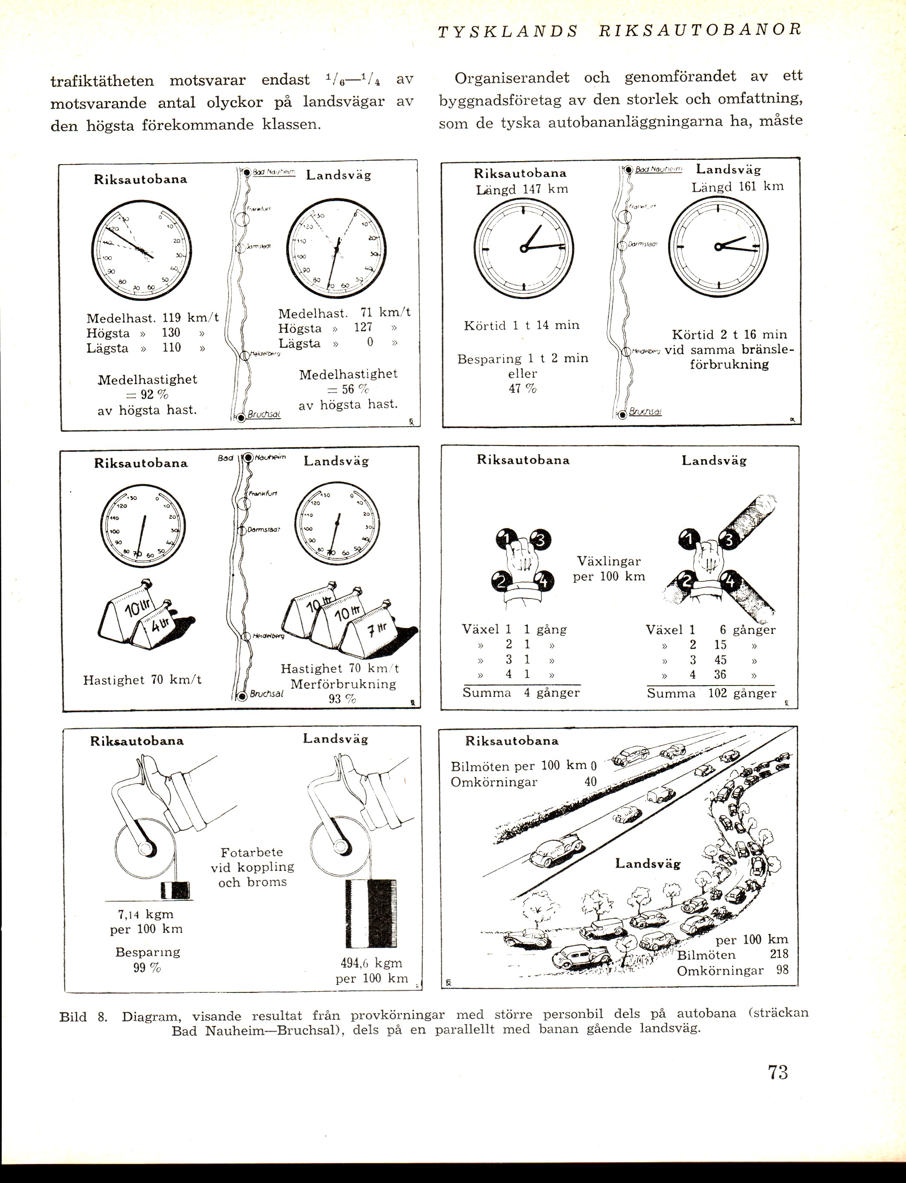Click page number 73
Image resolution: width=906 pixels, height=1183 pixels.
(x=778, y=1071)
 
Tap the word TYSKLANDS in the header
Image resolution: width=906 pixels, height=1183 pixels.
(x=507, y=31)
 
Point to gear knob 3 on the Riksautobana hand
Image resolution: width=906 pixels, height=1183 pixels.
(x=540, y=540)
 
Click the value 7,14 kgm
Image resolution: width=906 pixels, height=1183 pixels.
(x=146, y=914)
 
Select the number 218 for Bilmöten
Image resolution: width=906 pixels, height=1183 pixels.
(x=779, y=954)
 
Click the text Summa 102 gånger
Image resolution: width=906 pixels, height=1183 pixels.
(x=711, y=694)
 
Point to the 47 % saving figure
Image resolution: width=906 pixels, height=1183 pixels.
(x=522, y=389)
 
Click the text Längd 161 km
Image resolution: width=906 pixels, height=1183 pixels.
(x=737, y=187)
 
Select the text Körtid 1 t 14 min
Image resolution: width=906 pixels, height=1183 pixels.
(x=521, y=325)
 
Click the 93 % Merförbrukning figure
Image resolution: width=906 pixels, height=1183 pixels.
(x=342, y=699)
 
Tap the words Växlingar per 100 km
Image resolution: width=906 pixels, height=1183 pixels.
(x=609, y=569)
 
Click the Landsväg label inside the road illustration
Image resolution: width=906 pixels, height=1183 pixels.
(x=648, y=863)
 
